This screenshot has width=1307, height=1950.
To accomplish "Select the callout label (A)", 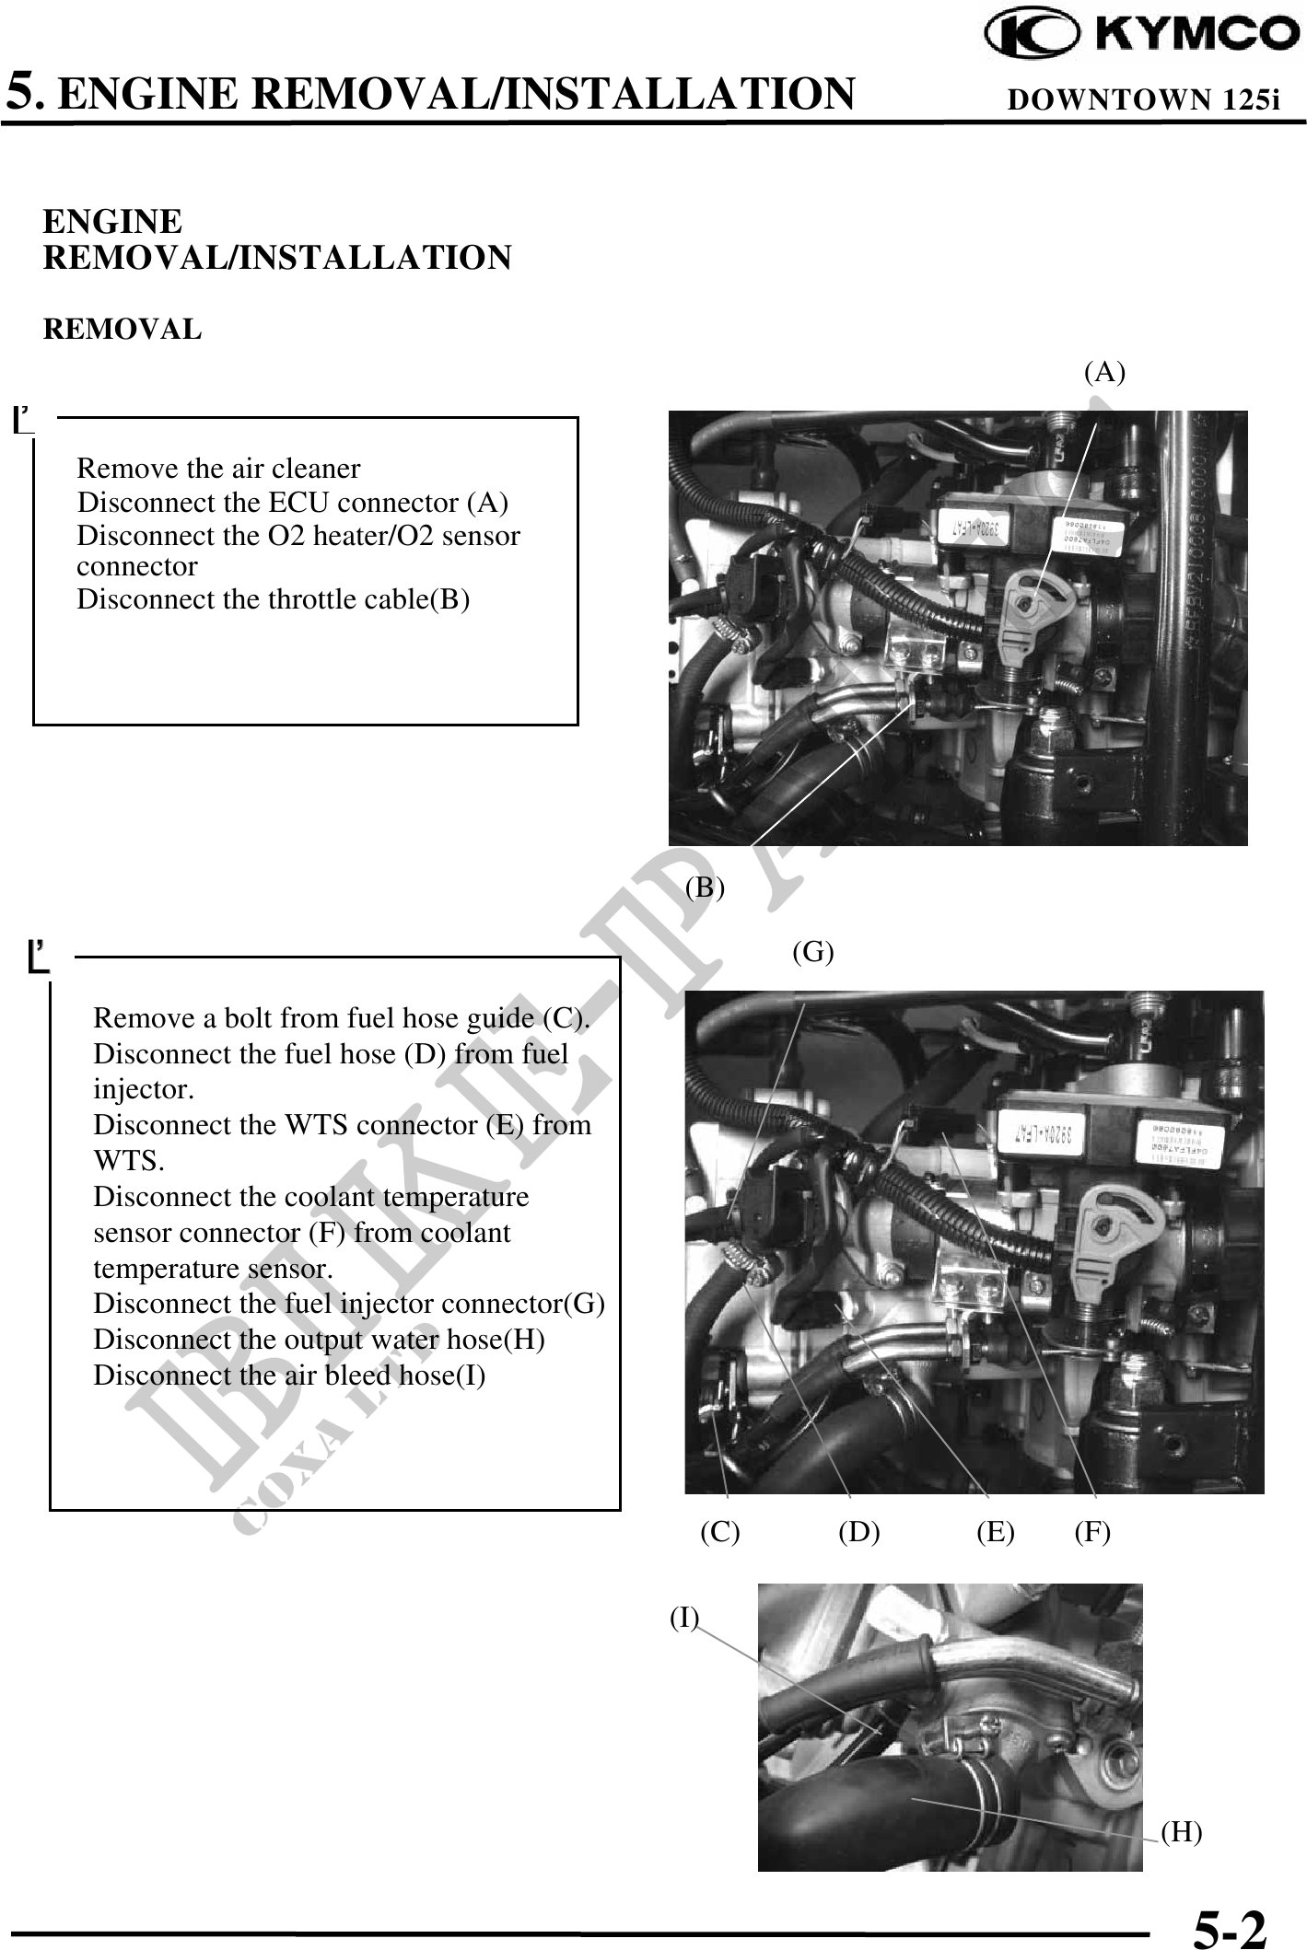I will tap(1103, 372).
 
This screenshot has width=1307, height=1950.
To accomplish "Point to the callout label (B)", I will tap(706, 888).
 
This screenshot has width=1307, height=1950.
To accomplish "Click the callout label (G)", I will tap(813, 952).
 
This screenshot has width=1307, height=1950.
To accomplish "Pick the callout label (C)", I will tap(719, 1532).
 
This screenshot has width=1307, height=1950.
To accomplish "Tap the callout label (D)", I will tap(858, 1532).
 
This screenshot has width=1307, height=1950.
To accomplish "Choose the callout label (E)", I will tap(996, 1532).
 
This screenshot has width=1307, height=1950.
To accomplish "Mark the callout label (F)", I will tap(1092, 1532).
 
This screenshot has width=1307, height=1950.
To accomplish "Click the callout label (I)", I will tap(684, 1618).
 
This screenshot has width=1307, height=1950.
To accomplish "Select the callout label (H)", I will tap(1181, 1832).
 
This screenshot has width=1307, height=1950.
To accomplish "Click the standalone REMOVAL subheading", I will tap(123, 330).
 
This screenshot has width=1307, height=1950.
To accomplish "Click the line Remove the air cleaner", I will tap(218, 469).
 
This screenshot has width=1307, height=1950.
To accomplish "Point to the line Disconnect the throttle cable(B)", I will tap(273, 599).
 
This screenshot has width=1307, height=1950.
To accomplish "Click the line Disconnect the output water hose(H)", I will tap(319, 1340).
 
